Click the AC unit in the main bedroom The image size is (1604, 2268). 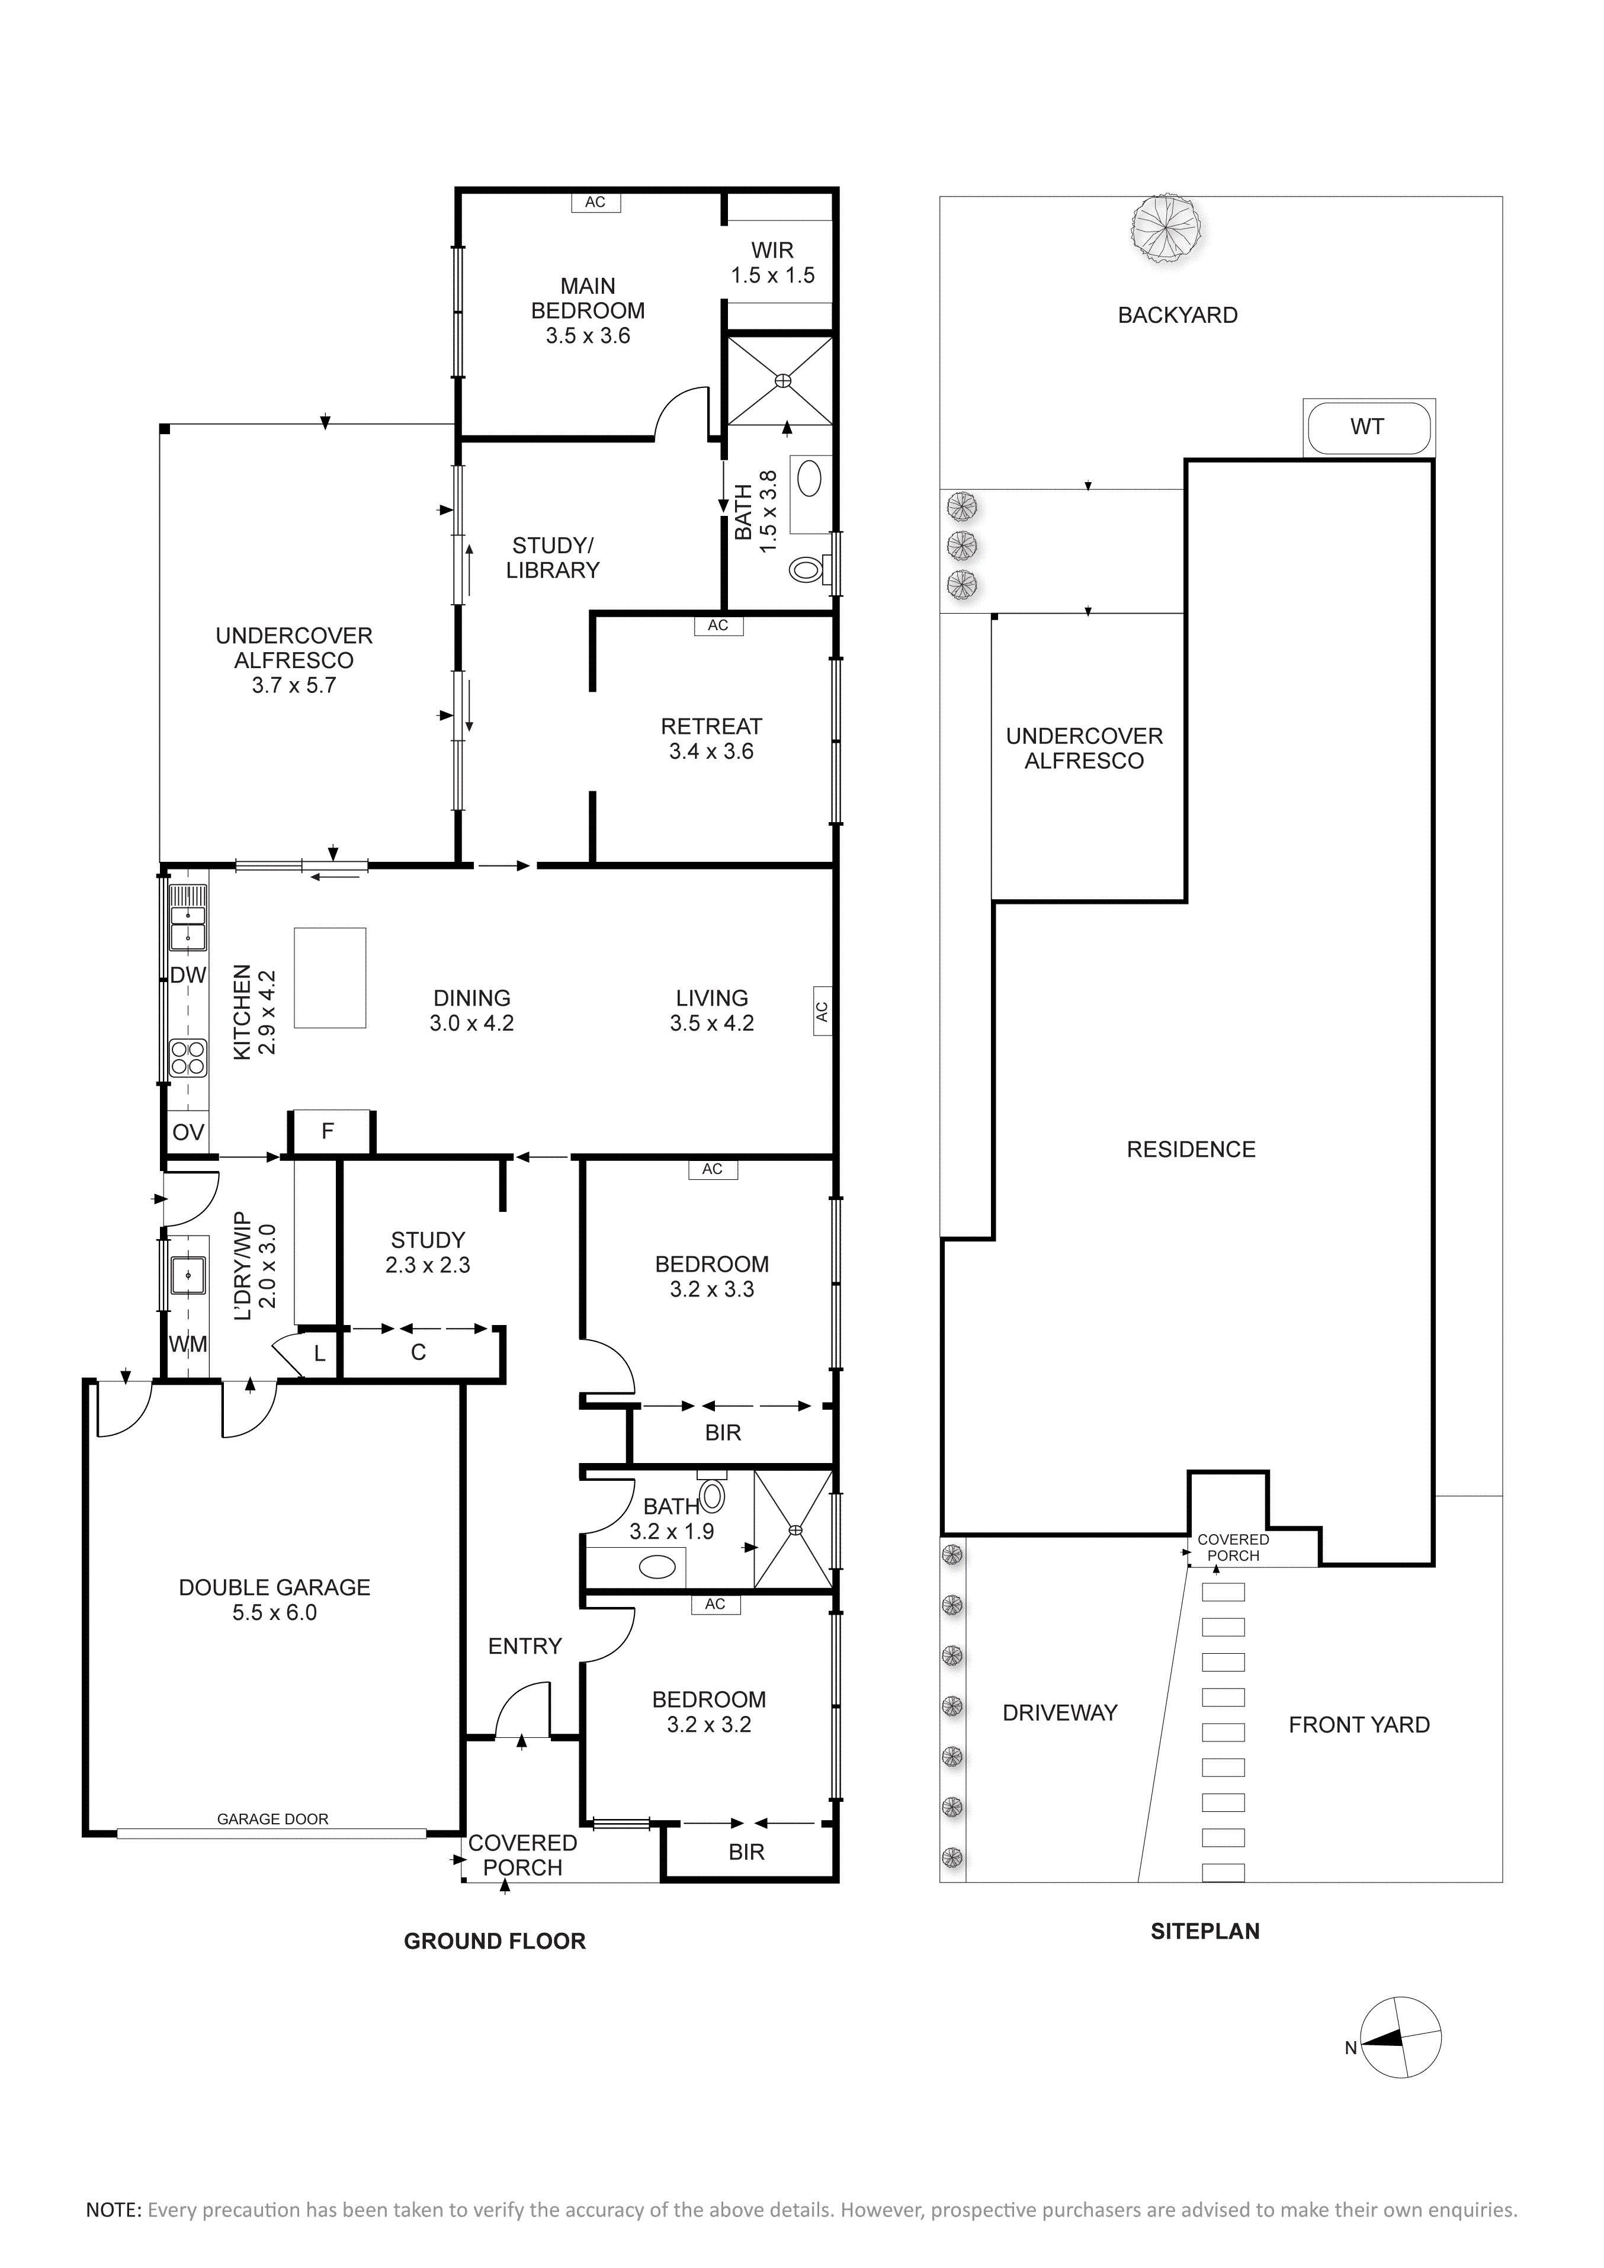point(595,203)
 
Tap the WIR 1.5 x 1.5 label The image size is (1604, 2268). point(772,263)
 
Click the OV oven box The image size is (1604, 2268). point(188,1132)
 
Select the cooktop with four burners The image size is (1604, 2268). point(188,1059)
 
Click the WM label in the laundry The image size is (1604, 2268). point(188,1345)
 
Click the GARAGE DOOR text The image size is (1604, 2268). point(272,1818)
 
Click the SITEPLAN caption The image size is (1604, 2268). point(1205,1931)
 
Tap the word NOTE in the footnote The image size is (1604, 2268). point(114,2210)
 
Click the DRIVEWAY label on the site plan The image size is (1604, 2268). point(1060,1713)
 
